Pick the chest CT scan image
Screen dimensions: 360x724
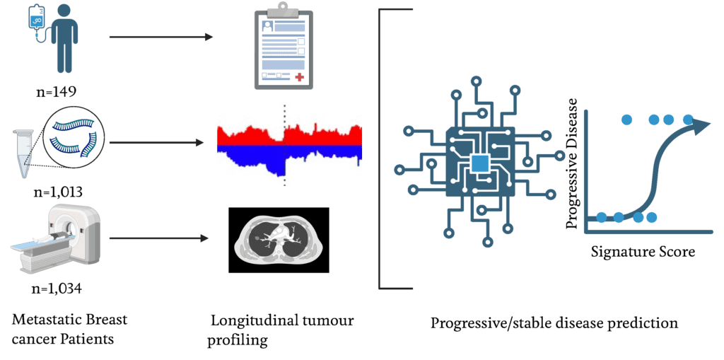click(x=279, y=240)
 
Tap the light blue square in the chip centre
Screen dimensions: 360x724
click(x=480, y=163)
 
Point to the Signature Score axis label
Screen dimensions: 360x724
click(x=643, y=251)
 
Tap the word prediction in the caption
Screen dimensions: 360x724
click(x=644, y=323)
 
